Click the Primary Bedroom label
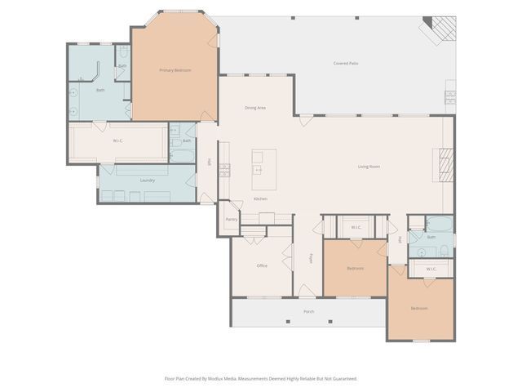175,70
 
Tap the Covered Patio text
346,63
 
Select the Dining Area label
255,108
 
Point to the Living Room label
369,167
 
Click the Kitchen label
260,199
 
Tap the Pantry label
231,220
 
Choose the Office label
262,265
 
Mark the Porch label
309,311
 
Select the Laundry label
148,180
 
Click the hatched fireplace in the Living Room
445,167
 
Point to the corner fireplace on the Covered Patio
441,29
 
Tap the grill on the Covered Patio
449,98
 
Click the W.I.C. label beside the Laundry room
118,140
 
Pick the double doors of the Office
286,261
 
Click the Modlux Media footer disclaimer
261,378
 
